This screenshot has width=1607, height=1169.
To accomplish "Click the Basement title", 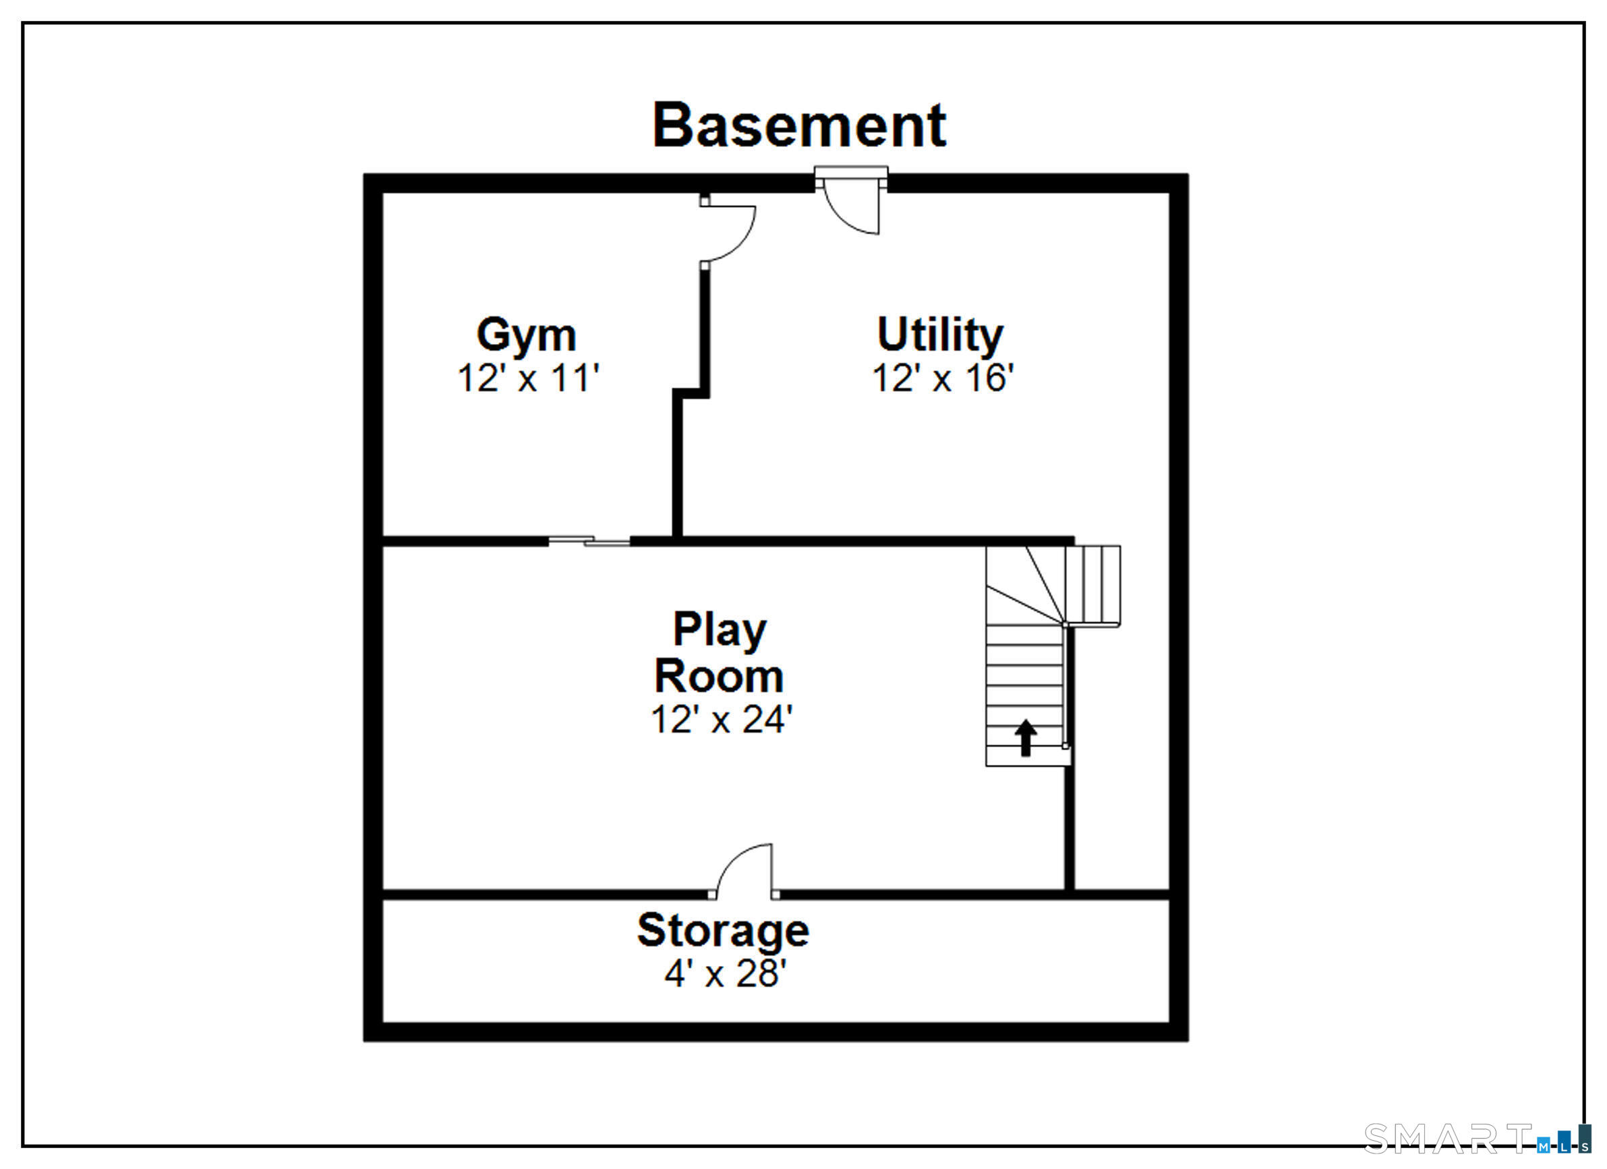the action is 798,125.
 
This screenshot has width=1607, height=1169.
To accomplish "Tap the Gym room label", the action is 526,335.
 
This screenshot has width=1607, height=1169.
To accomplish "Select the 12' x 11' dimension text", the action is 529,378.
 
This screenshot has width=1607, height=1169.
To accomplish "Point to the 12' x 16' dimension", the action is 943,378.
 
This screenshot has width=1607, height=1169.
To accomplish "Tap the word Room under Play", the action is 718,676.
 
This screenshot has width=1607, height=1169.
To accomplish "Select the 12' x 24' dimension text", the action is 722,720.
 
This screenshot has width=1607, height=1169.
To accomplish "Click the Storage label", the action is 723,931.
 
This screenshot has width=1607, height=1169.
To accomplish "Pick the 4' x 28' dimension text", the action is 726,973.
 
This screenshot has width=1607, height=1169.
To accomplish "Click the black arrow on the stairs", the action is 1025,738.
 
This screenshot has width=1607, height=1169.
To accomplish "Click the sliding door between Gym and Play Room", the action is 589,541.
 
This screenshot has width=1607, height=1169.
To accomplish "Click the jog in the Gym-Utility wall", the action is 691,393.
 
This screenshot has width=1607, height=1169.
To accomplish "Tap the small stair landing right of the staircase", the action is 1092,586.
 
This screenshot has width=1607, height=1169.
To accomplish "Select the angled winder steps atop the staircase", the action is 1025,585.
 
